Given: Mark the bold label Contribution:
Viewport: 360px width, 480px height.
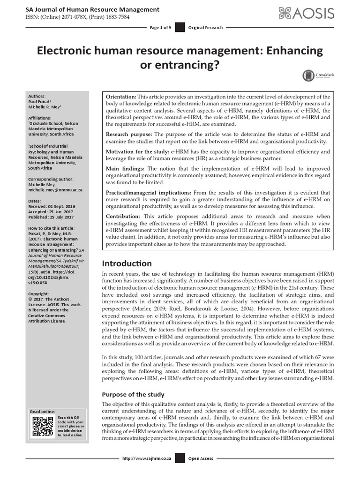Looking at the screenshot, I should pos(123,217).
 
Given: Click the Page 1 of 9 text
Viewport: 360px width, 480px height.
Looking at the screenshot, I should pos(160,28).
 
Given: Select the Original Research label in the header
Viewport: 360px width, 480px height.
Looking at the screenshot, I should pos(206,28).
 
